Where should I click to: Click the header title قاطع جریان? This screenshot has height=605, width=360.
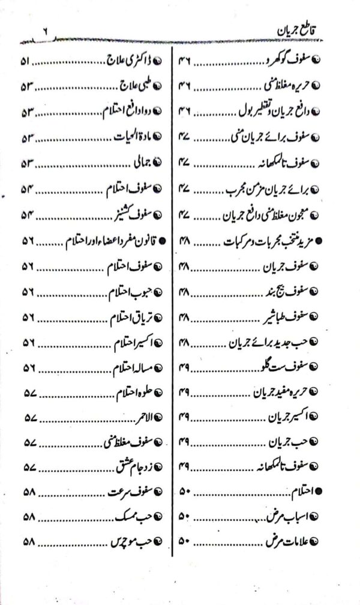[292, 29]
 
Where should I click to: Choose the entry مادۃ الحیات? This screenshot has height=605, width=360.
[134, 137]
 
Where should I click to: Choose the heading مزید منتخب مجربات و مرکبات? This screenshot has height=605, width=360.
[270, 240]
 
